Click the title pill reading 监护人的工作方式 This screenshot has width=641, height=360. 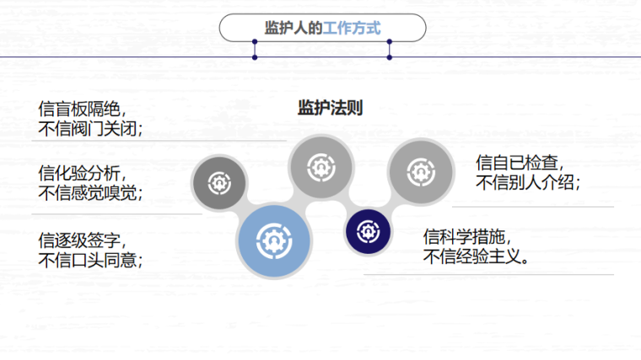click(322, 28)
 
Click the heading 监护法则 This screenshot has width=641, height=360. click(330, 108)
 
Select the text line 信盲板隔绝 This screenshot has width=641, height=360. click(83, 110)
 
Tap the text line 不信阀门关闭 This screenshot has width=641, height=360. click(91, 128)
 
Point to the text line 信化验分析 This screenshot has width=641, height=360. click(83, 175)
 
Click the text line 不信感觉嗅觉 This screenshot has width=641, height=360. click(91, 193)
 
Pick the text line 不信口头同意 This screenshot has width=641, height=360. click(91, 260)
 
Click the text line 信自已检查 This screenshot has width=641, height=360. click(520, 162)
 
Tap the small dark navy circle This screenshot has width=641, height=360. click(369, 230)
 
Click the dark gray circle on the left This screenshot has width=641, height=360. click(218, 181)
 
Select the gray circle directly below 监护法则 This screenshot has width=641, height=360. click(320, 166)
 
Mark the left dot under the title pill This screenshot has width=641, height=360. click(255, 56)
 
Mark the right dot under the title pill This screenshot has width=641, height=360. click(390, 56)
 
